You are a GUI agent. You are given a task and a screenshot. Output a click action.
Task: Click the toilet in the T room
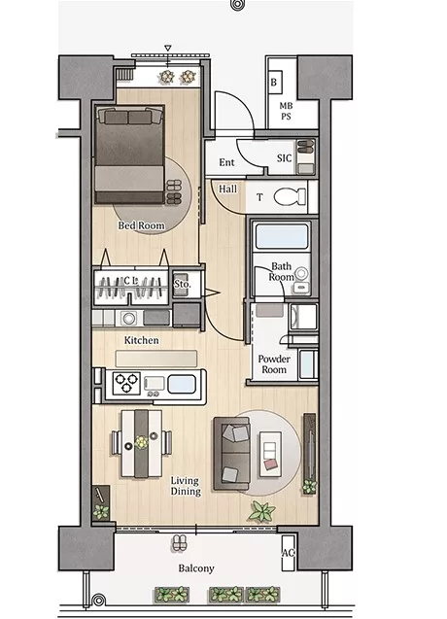point(290,196)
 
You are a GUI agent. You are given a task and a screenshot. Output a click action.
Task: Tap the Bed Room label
point(141,225)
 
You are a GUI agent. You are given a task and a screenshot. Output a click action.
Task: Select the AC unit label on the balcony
point(288,552)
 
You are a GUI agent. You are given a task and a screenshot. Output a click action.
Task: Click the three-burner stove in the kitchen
point(126,383)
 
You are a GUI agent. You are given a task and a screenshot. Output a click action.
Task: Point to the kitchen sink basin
point(182,384)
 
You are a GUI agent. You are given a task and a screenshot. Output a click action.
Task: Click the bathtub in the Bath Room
point(281,236)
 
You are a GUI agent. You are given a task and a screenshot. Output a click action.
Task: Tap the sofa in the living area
point(232,454)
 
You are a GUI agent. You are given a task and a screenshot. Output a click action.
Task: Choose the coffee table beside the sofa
point(270,454)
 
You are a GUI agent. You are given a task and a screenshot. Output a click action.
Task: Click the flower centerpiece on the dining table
point(141,442)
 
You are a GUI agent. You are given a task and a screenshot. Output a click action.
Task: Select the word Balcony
point(196,568)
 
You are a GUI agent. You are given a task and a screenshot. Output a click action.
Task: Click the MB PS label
point(286,112)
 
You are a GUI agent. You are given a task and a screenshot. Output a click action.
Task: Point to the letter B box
point(274,83)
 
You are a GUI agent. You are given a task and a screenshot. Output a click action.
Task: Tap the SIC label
point(285,158)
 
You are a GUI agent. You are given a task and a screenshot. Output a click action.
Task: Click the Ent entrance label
point(226,162)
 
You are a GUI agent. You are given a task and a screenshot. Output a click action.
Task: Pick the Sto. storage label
point(183,284)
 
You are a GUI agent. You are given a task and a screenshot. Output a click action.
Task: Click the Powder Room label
point(274,364)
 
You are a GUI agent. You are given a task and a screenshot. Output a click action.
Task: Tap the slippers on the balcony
point(181,543)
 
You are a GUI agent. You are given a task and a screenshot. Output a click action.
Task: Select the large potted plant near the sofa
point(261,511)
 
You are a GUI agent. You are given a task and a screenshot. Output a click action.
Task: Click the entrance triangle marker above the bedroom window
point(168,49)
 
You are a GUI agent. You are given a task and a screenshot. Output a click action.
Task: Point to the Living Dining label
point(186,486)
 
